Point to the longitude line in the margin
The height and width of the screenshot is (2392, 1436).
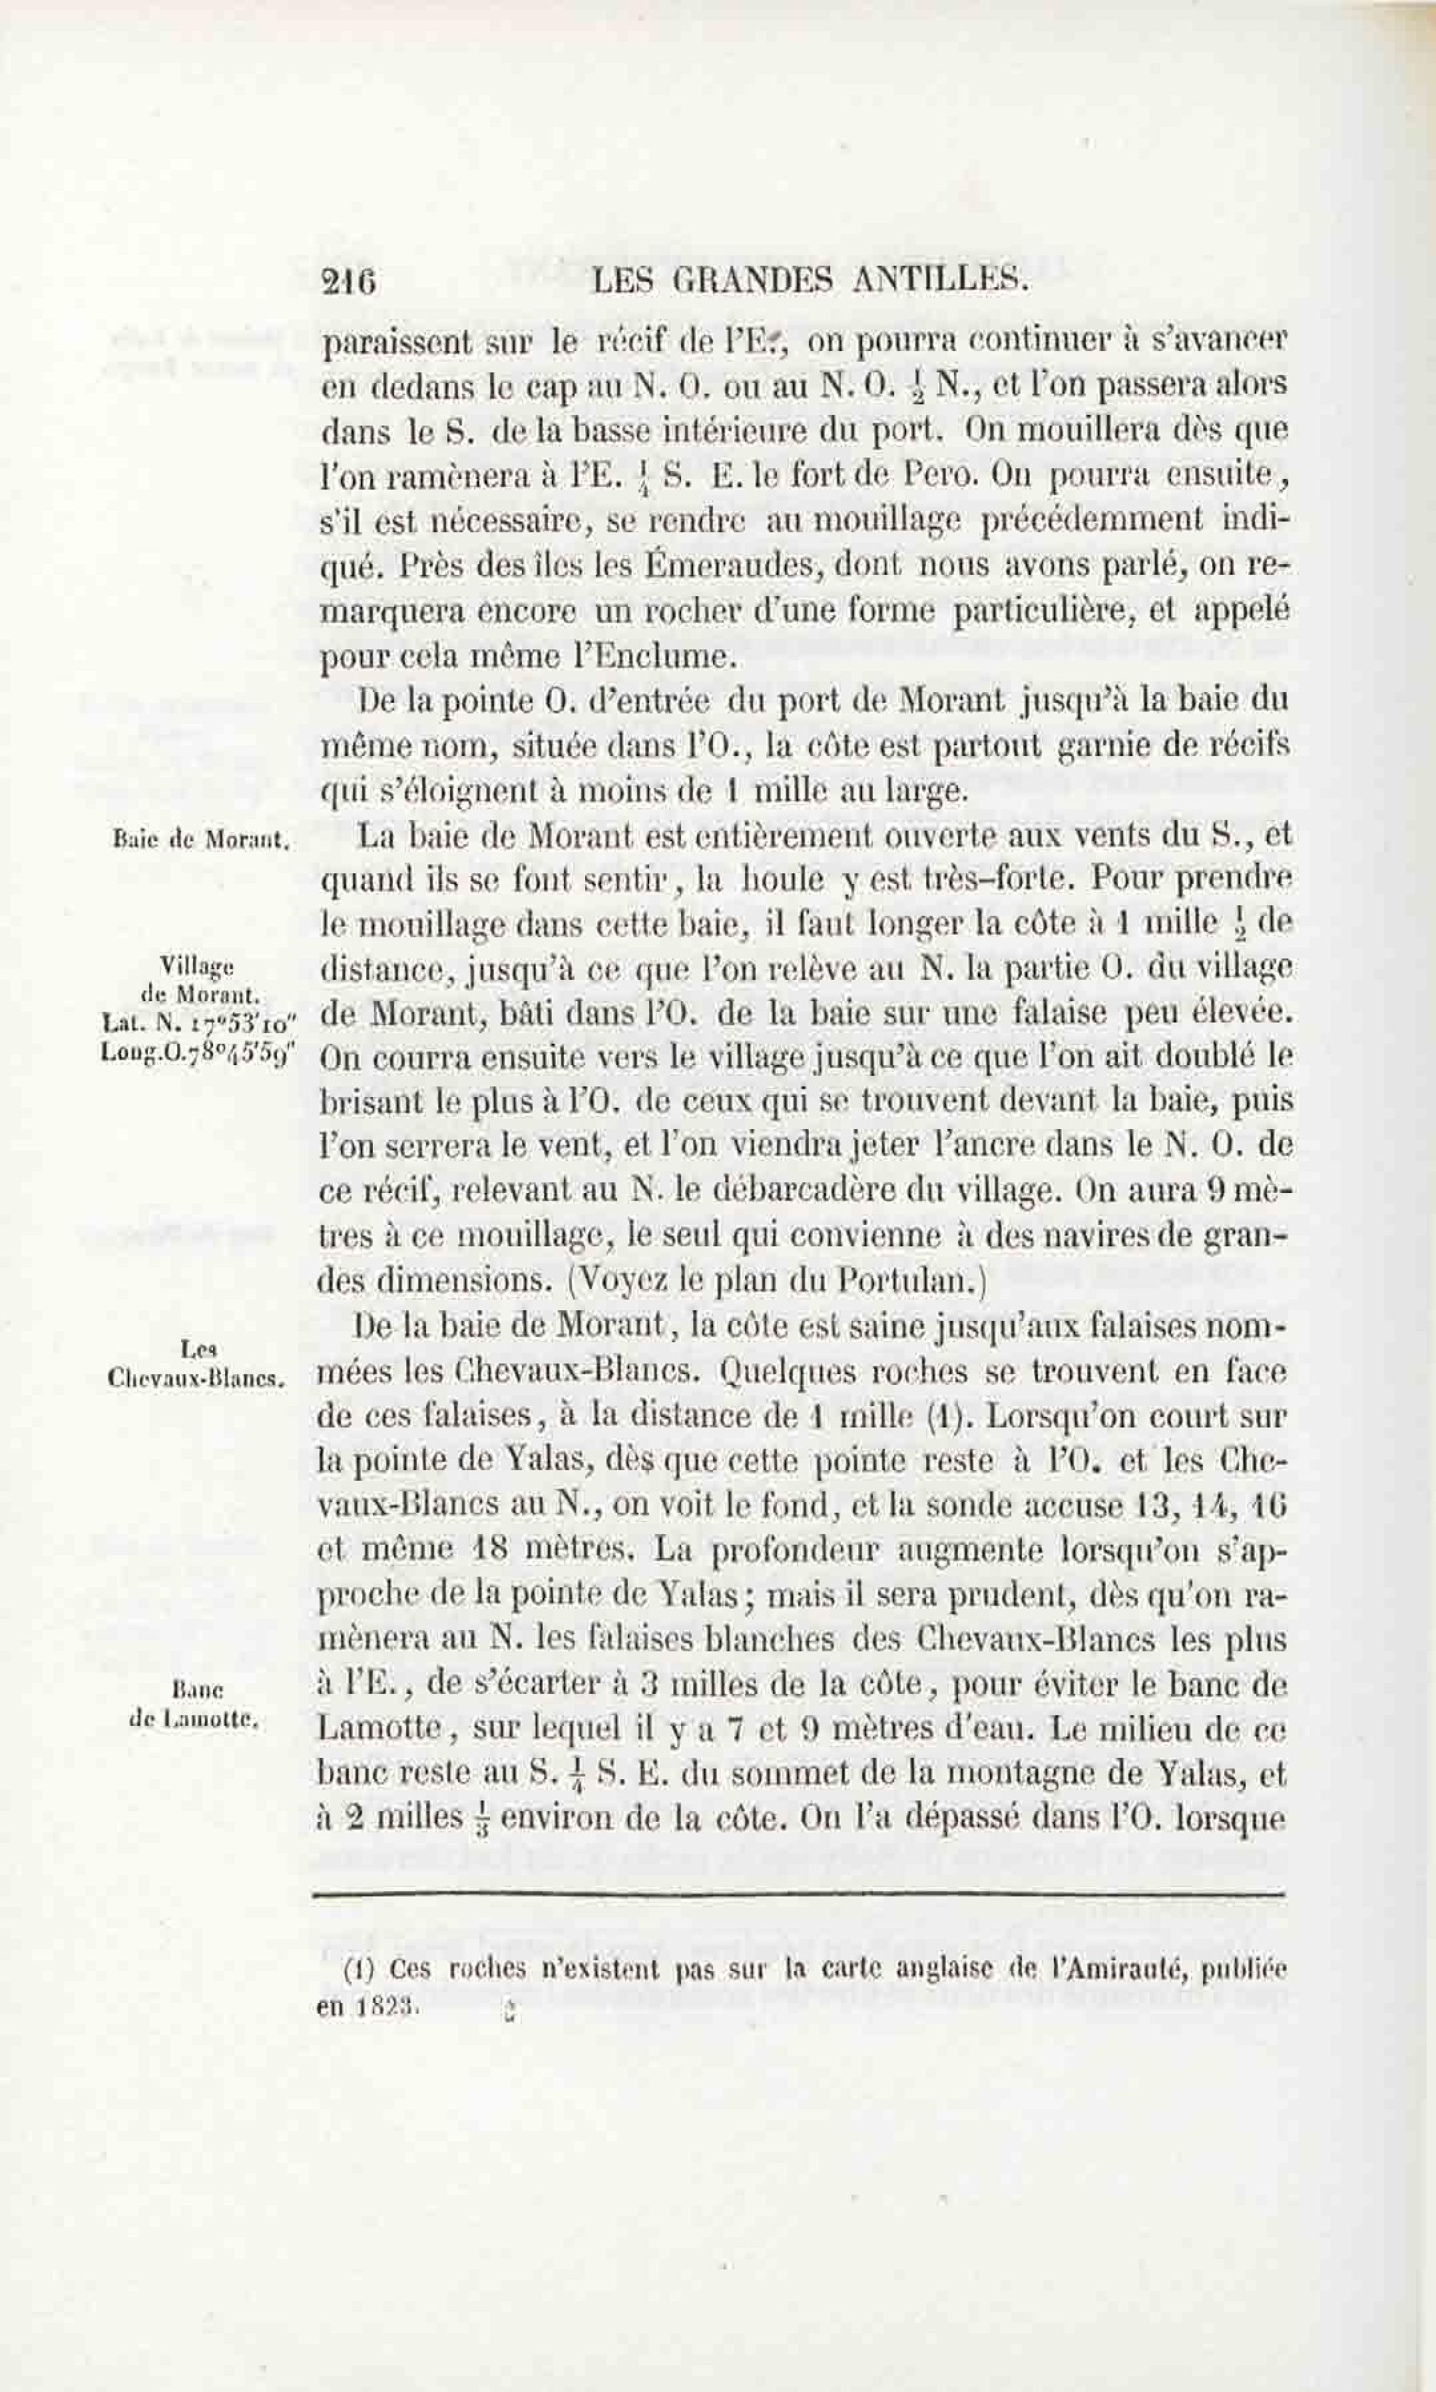[x=196, y=1057]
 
